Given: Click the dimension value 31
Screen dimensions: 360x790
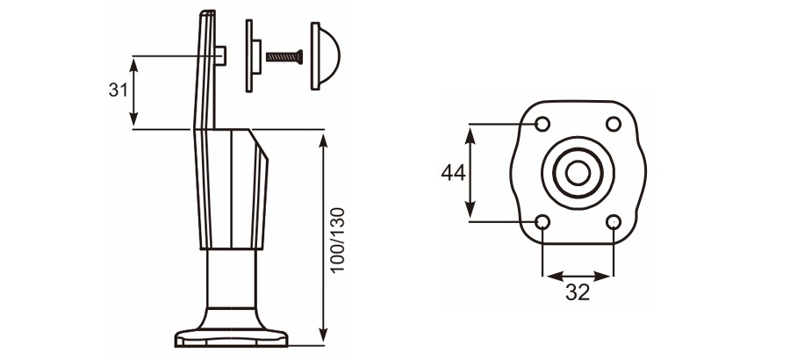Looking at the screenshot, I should coord(117,90).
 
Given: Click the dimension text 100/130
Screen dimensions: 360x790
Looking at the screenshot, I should coord(338,240).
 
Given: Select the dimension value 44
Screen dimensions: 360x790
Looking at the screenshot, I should coord(452,173).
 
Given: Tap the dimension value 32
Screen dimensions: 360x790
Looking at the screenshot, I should coord(577,293).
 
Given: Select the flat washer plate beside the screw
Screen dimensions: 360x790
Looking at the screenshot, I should coord(253,56).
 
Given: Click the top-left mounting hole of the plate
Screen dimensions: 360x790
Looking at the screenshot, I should coord(542,123).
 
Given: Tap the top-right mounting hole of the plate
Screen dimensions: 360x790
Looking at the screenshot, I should coord(614,123).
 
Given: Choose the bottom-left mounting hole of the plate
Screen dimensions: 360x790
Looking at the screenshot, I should coord(542,221).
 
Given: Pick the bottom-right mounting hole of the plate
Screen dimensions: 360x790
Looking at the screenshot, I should coord(614,221).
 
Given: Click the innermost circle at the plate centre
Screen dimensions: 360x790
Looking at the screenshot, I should coord(577,172).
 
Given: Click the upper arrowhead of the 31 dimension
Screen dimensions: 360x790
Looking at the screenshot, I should coord(133,61).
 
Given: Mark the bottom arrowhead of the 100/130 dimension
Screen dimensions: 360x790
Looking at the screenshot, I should coord(324,335).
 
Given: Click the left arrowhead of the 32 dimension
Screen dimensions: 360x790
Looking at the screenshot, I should coord(548,276).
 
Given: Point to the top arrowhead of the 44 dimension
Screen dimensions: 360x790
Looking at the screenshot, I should coord(471,130).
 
